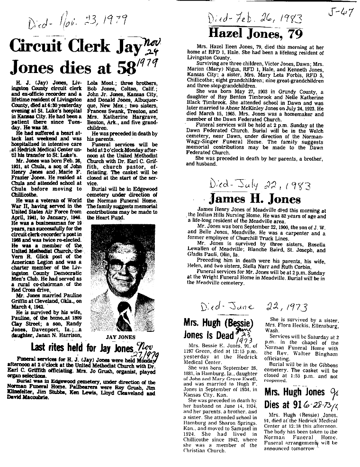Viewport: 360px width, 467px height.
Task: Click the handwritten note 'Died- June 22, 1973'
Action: coord(254,307)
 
